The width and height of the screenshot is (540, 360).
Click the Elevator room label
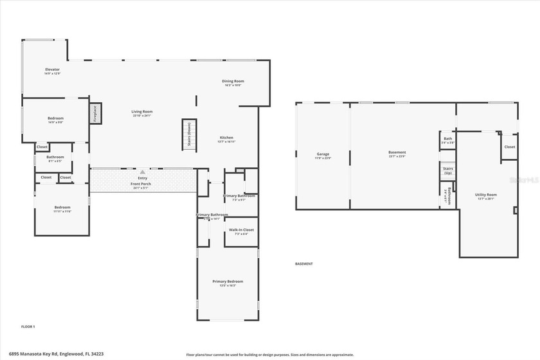coord(52,69)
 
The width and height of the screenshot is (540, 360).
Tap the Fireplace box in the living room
coord(95,114)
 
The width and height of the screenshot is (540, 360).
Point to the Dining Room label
coord(233,81)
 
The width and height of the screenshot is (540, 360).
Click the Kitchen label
coord(226,138)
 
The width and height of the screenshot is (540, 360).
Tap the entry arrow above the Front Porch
coord(142,172)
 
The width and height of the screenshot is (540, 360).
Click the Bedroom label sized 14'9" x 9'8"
coord(55,118)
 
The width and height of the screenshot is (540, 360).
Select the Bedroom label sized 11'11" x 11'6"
coord(62,207)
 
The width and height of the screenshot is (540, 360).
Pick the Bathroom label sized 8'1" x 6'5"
coord(55,157)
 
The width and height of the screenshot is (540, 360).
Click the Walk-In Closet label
coord(241,230)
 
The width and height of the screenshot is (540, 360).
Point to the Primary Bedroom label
coord(228,281)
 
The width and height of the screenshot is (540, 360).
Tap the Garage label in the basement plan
coord(323,154)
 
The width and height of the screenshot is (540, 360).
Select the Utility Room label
coord(485,194)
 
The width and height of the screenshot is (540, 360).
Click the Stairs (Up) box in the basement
coord(447,171)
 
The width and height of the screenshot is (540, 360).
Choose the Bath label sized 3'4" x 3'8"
coord(447,139)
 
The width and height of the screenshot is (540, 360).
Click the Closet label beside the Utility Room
coord(509,147)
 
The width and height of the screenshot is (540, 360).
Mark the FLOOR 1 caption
coord(28,327)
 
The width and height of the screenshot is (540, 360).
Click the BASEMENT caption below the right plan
coord(303,264)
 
